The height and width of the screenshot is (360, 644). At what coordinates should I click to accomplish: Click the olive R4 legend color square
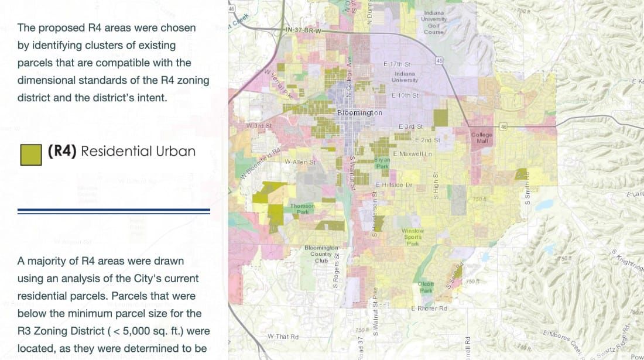pyautogui.click(x=31, y=155)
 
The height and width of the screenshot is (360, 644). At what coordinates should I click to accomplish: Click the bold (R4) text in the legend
pyautogui.click(x=63, y=151)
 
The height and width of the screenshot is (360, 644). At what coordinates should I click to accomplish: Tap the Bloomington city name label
pyautogui.click(x=359, y=112)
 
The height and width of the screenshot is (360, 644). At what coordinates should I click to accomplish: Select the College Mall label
pyautogui.click(x=482, y=138)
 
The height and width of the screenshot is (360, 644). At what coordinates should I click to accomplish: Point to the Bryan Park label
pyautogui.click(x=381, y=162)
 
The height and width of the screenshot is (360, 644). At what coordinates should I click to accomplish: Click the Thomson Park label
pyautogui.click(x=302, y=209)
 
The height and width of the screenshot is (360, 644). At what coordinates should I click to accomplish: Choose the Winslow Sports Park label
pyautogui.click(x=413, y=237)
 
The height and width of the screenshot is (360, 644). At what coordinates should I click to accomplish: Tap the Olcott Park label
pyautogui.click(x=426, y=287)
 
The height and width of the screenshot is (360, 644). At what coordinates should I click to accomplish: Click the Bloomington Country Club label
pyautogui.click(x=321, y=254)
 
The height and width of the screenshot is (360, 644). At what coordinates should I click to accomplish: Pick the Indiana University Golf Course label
pyautogui.click(x=434, y=22)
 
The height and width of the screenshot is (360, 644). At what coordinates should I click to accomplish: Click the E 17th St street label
pyautogui.click(x=397, y=63)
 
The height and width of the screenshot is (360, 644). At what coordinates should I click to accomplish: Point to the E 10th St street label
pyautogui.click(x=405, y=95)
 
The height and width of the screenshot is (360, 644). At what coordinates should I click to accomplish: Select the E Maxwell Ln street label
pyautogui.click(x=412, y=153)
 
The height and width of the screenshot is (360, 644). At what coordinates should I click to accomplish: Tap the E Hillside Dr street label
pyautogui.click(x=393, y=184)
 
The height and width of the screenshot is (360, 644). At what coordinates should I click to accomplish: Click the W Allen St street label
pyautogui.click(x=300, y=162)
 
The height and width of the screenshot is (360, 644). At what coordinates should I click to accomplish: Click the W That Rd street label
pyautogui.click(x=283, y=337)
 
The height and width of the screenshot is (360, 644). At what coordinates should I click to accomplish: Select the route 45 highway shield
pyautogui.click(x=439, y=60)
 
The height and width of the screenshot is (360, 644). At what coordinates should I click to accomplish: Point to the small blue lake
pyautogui.click(x=544, y=205)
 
